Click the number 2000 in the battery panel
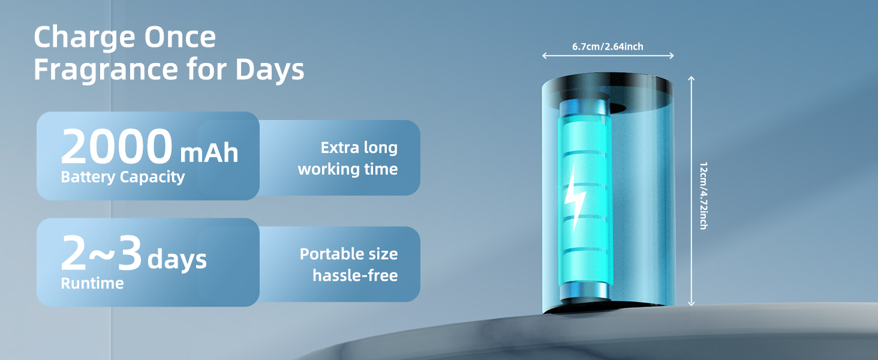116,147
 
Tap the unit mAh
209,153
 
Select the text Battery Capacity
122,177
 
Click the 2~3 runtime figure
101,254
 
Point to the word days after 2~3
177,260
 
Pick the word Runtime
92,283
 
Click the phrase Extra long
359,148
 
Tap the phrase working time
348,169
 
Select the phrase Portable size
348,254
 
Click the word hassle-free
355,276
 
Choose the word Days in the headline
270,70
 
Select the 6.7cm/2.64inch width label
608,46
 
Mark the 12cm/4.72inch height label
703,196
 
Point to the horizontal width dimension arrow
608,56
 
